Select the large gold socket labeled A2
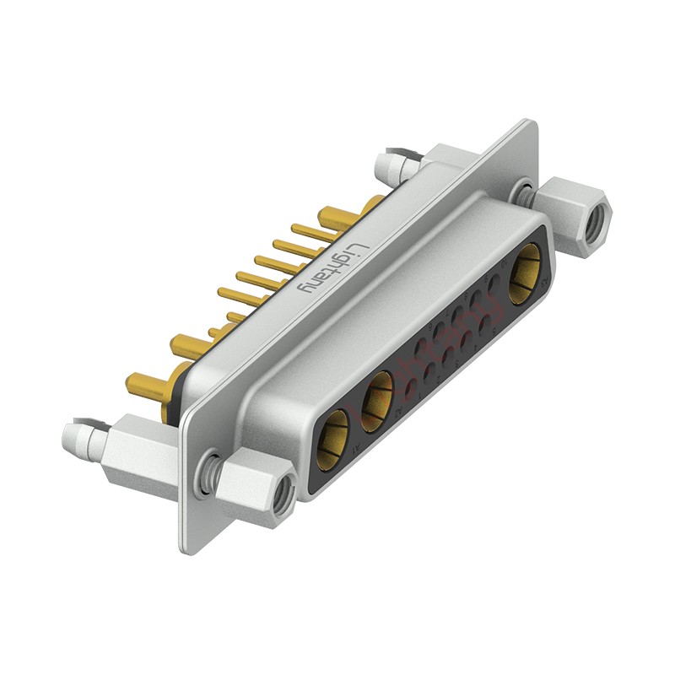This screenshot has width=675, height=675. click(379, 394)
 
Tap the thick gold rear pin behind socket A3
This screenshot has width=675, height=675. click(371, 205)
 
